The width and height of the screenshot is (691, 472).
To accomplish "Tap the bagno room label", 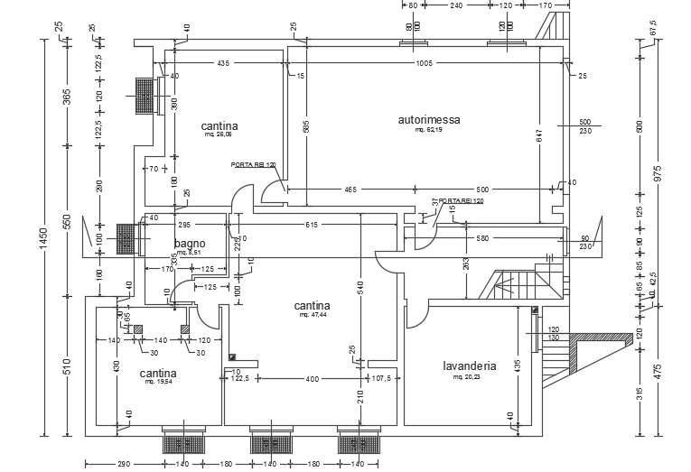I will pyautogui.click(x=190, y=243).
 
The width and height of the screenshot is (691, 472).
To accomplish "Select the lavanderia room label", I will pyautogui.click(x=469, y=366).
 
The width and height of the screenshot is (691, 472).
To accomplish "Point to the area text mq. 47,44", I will pyautogui.click(x=311, y=316).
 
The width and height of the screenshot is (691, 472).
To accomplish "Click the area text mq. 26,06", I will pyautogui.click(x=219, y=134).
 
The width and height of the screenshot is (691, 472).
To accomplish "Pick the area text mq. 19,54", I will pyautogui.click(x=158, y=382).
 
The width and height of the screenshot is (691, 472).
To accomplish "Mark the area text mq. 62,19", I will pyautogui.click(x=429, y=130).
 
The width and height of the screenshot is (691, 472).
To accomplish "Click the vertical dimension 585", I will pyautogui.click(x=282, y=129).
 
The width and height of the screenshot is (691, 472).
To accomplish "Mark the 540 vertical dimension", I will pyautogui.click(x=360, y=289).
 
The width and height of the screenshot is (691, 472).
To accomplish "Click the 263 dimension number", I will pyautogui.click(x=466, y=264).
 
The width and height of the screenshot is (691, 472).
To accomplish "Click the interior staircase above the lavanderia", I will pyautogui.click(x=518, y=284).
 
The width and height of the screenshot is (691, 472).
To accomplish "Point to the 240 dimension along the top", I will pyautogui.click(x=455, y=5).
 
